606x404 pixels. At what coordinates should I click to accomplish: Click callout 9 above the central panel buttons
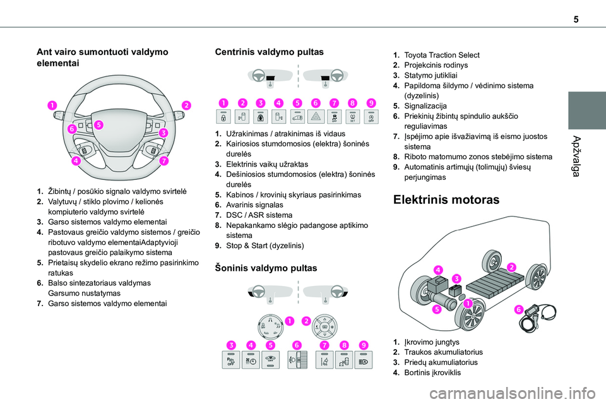371,102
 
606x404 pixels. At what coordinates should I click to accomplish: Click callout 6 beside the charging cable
518,309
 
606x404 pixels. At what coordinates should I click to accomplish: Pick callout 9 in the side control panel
364,345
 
